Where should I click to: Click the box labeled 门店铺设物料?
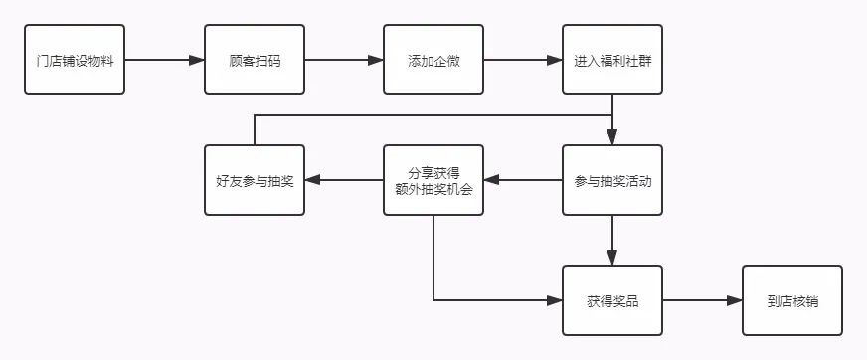[75, 61]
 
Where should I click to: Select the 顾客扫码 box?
[255, 61]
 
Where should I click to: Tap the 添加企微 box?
[433, 61]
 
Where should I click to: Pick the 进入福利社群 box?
[612, 61]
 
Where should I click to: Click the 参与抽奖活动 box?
[612, 180]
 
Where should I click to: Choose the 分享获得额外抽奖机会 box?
[433, 180]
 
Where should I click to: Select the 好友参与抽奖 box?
[255, 180]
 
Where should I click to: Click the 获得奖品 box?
[612, 299]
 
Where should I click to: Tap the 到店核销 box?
[792, 299]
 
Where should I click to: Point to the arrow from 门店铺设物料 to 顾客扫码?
[164, 61]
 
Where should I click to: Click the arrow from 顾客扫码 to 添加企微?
[344, 61]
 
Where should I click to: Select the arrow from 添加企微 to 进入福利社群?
[523, 61]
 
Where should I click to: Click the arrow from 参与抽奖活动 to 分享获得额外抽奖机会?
[523, 180]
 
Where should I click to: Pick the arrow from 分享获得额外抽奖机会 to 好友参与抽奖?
[344, 180]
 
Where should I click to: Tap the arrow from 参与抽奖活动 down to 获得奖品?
[612, 240]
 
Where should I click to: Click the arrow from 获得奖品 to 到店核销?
[702, 299]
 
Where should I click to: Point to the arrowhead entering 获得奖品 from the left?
[555, 299]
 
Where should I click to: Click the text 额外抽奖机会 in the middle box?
[433, 189]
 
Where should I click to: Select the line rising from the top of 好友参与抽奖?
[255, 129]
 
